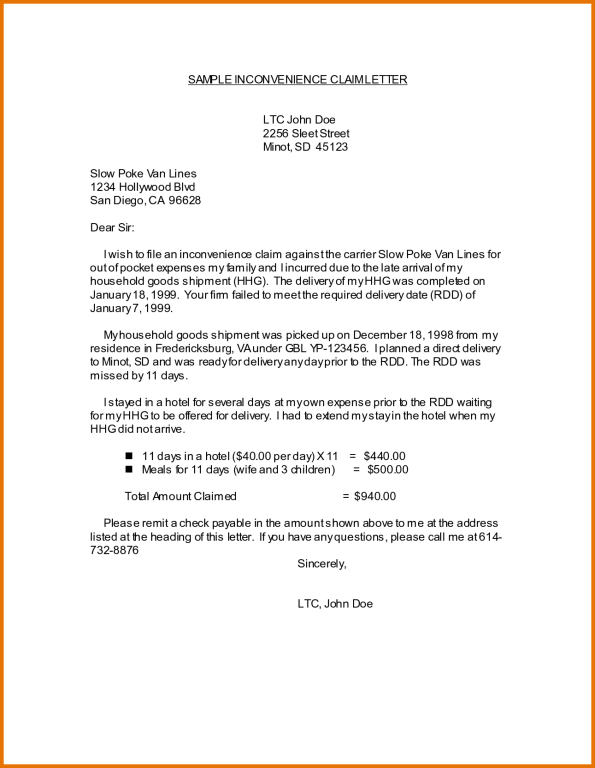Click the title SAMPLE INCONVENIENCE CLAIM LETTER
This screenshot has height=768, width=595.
[x=297, y=79]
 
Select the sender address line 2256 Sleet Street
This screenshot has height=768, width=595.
[x=306, y=133]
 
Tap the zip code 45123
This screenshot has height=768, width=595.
[x=331, y=147]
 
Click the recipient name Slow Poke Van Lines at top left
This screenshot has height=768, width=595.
[x=143, y=173]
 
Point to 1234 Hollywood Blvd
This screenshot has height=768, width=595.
[x=142, y=187]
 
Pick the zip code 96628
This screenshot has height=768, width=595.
[x=184, y=200]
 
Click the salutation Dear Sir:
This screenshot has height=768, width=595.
[x=112, y=227]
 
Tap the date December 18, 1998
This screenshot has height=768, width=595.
[x=403, y=335]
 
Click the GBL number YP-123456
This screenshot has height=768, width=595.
[x=338, y=348]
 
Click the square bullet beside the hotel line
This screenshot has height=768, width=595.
[x=129, y=456]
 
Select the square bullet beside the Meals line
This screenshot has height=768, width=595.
[x=129, y=469]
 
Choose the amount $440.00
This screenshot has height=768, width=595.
[x=384, y=456]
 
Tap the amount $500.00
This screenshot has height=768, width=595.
[x=387, y=469]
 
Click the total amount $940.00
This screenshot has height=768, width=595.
[x=374, y=496]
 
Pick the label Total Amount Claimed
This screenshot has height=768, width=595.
[x=180, y=496]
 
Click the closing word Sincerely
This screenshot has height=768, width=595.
[x=321, y=563]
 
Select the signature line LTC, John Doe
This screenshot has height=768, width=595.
[x=335, y=603]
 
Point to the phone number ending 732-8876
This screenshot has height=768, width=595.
[x=114, y=550]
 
